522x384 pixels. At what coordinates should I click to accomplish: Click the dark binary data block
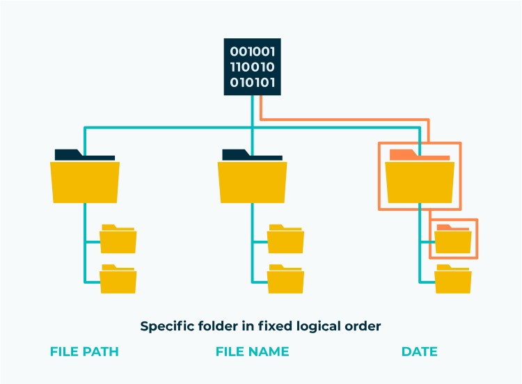click(x=252, y=67)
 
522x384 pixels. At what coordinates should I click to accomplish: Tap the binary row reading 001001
click(x=252, y=51)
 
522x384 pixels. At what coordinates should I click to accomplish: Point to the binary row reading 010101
click(x=252, y=83)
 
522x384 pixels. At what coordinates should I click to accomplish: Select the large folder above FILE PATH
click(x=85, y=182)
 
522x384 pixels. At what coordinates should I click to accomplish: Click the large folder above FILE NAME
click(x=252, y=182)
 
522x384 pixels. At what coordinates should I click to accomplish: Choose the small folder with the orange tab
click(x=453, y=240)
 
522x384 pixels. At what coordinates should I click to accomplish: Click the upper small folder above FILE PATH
click(x=118, y=239)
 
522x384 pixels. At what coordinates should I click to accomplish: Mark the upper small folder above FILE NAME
click(x=285, y=239)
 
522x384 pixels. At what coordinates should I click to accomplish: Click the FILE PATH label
click(x=84, y=352)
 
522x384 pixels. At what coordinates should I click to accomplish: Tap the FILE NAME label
click(x=252, y=352)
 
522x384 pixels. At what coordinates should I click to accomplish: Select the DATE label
click(x=420, y=352)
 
